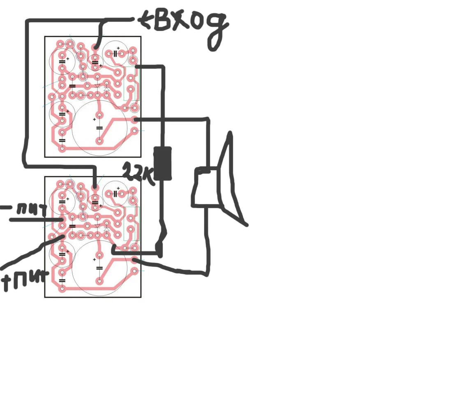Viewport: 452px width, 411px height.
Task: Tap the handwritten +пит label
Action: (x=25, y=279)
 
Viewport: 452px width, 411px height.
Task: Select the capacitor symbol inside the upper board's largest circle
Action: (x=99, y=128)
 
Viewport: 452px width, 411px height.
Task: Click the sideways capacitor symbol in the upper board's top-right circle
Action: (x=116, y=53)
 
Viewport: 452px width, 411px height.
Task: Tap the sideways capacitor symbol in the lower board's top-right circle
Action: (x=116, y=194)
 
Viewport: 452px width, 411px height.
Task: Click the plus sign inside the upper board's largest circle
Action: (x=94, y=119)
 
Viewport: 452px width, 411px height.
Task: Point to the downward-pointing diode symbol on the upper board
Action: (x=97, y=86)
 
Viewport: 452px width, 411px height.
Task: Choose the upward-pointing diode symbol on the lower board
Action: (x=107, y=226)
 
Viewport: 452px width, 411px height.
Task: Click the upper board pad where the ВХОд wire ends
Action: (x=95, y=47)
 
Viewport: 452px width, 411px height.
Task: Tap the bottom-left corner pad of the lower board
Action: (x=62, y=289)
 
